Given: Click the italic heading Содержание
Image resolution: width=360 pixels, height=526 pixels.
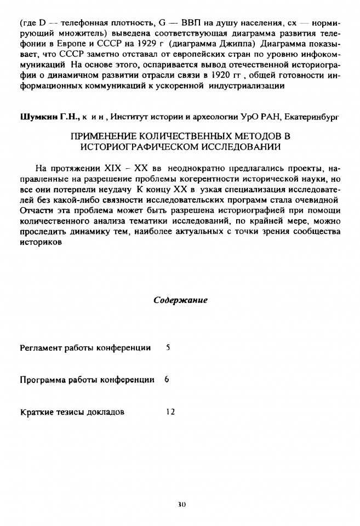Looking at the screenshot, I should pyautogui.click(x=180, y=301).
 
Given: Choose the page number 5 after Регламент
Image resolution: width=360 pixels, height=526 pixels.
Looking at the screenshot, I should pyautogui.click(x=168, y=348).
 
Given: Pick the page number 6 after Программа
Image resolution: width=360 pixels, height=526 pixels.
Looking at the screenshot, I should pyautogui.click(x=166, y=380).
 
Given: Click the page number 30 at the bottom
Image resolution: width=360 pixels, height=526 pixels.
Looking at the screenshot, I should pyautogui.click(x=182, y=505).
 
